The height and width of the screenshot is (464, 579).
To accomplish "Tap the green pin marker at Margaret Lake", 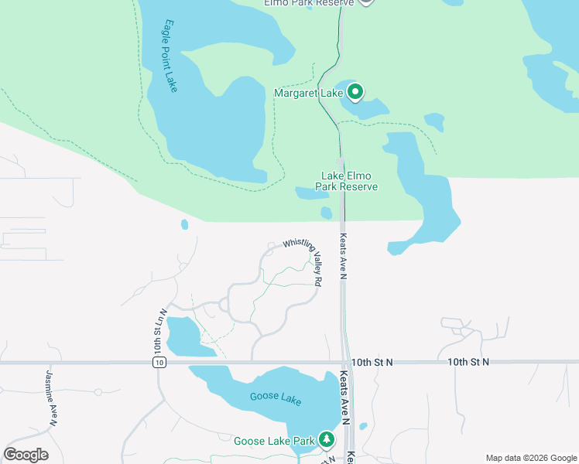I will [355, 93].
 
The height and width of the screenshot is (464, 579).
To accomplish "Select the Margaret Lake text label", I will [308, 94].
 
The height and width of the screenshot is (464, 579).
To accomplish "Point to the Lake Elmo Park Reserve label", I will [346, 181].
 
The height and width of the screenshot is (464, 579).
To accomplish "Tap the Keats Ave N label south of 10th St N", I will [344, 399].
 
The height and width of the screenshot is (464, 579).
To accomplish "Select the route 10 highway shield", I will [159, 362].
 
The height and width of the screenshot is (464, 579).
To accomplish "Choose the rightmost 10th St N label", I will [468, 362].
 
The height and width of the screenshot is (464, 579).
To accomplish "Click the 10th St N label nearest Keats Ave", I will [372, 362].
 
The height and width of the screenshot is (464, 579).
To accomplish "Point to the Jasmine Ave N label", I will [51, 396].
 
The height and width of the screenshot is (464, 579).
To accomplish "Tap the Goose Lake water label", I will [275, 398].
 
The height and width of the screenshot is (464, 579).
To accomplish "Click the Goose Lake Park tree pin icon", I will [327, 441].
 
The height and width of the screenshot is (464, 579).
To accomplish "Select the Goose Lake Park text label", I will [274, 442].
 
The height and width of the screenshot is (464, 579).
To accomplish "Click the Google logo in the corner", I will [26, 455].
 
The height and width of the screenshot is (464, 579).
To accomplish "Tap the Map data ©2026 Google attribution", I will [530, 458].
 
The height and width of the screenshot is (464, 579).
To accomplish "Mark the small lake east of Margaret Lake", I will [434, 121].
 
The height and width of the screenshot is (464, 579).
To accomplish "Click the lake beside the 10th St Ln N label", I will [186, 336].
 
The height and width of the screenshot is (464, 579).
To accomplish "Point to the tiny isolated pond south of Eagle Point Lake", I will [184, 225].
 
